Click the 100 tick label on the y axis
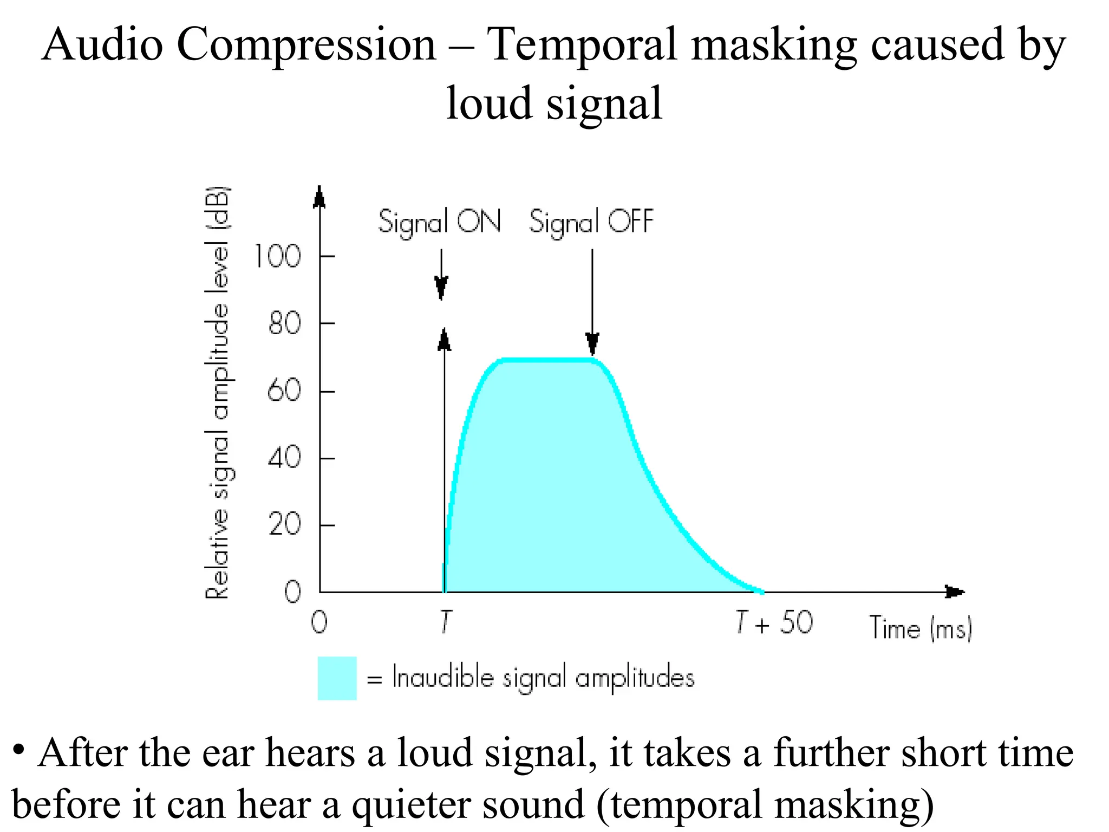click(x=277, y=256)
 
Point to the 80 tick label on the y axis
click(x=284, y=324)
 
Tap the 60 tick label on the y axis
click(x=284, y=390)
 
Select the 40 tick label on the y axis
click(x=284, y=458)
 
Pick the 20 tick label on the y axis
click(x=284, y=524)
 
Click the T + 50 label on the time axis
click(x=774, y=623)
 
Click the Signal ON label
click(x=439, y=222)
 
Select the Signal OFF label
click(x=591, y=222)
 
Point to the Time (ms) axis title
click(x=921, y=628)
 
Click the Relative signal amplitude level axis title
click(x=218, y=393)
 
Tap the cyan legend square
click(x=337, y=678)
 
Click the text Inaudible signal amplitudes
click(x=543, y=678)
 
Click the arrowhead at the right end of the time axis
click(x=956, y=592)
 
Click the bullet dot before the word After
click(x=19, y=750)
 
